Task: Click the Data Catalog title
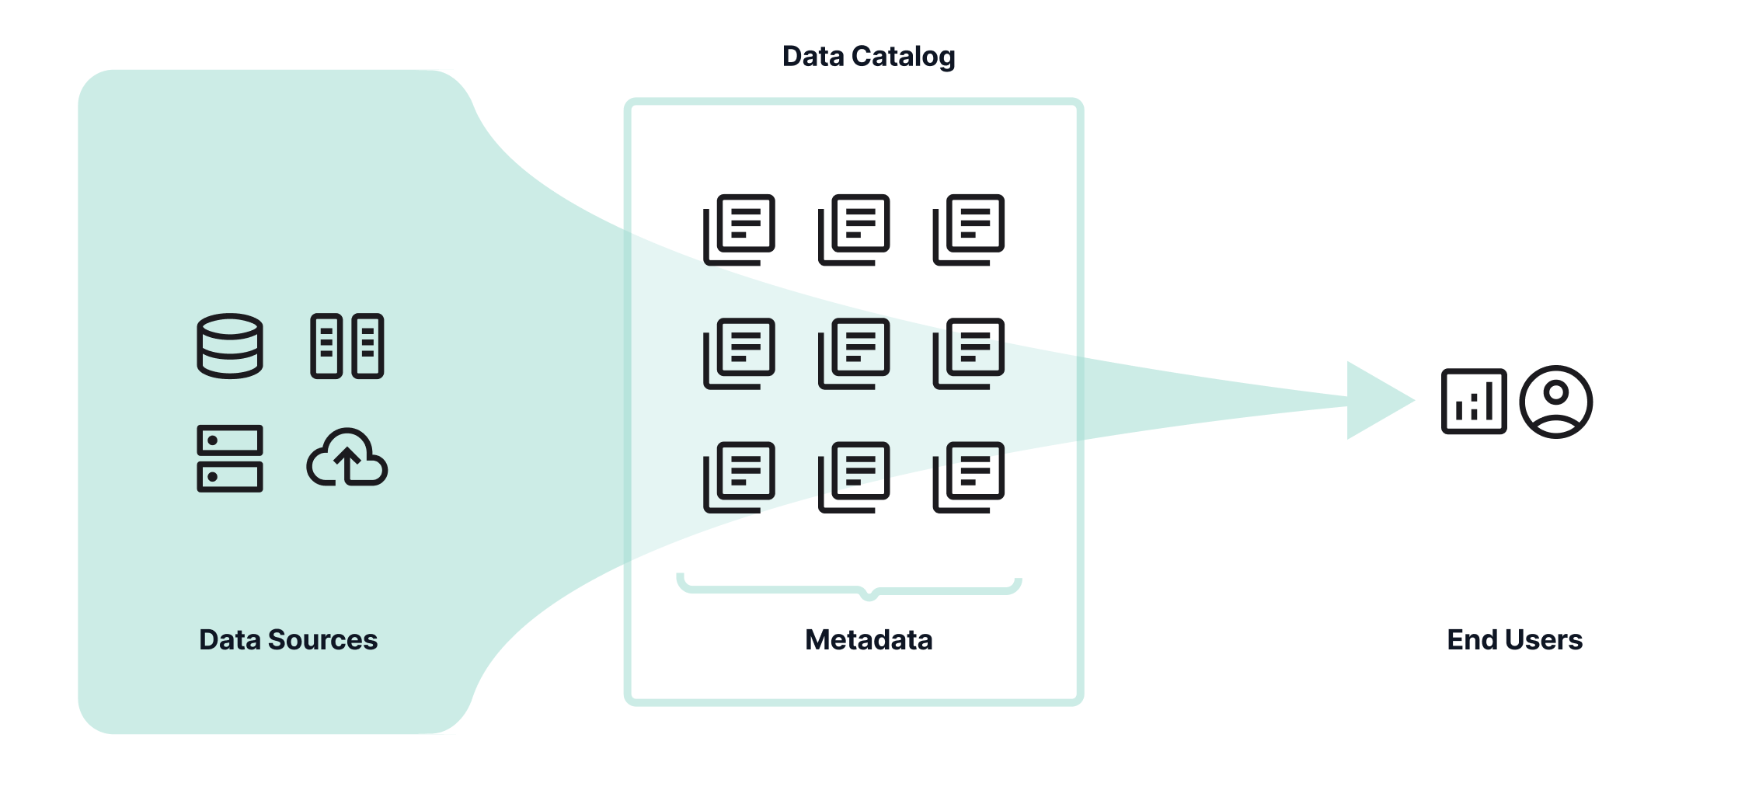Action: click(868, 57)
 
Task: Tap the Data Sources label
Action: click(288, 640)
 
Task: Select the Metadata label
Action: click(869, 640)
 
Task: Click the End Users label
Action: click(1514, 640)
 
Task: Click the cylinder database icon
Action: click(230, 346)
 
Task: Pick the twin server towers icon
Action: click(347, 346)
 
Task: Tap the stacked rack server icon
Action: click(230, 458)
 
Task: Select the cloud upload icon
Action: click(347, 458)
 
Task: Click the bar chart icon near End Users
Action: click(1474, 402)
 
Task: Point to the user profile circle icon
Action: click(1555, 402)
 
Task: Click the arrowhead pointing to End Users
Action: click(1375, 401)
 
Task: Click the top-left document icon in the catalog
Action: click(740, 230)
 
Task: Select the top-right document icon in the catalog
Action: click(969, 230)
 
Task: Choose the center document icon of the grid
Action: click(854, 353)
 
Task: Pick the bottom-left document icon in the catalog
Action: click(740, 477)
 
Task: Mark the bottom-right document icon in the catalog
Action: click(969, 477)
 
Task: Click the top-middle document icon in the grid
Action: click(854, 230)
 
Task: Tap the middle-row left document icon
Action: click(740, 353)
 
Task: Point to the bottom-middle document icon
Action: click(854, 477)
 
